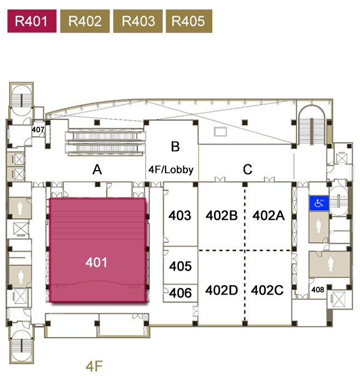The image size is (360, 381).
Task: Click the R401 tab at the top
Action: pos(31,22)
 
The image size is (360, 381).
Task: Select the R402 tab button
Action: pos(85,22)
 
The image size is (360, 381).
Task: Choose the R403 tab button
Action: pos(138,22)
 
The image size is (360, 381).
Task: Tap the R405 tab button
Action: pos(188,22)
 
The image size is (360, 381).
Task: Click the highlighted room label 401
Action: pos(96,262)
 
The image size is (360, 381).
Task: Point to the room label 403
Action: pos(179,216)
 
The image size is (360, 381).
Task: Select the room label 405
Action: pos(180,267)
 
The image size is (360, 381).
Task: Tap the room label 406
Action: pos(180,293)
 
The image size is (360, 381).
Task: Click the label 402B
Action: pos(222,216)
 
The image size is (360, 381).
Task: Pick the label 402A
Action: pos(269,216)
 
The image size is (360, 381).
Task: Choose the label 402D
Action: pos(222,291)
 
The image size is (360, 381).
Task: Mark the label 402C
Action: pos(267,291)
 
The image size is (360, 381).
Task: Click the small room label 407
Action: pos(38,130)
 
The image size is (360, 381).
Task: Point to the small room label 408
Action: pos(318,290)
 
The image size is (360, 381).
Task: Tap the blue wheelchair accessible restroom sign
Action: pos(319,203)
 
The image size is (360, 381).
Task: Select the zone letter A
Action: pos(97,170)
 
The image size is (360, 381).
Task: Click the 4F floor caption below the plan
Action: pos(94,366)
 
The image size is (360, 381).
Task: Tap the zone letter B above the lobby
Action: pos(175,147)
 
